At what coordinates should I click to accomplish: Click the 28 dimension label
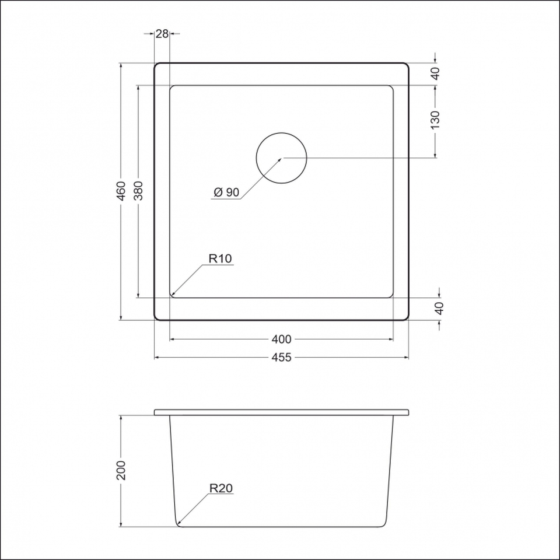pos(162,34)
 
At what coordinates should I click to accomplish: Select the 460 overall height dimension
pos(121,191)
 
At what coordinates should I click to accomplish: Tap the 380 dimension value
pos(138,191)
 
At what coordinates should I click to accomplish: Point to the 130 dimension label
pos(435,120)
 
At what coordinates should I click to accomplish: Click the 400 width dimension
pos(281,339)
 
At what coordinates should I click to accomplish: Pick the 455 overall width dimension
pos(281,357)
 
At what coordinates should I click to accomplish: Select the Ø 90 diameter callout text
pos(226,192)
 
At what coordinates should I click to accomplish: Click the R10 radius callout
pos(220,258)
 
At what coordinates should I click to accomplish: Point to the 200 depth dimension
pos(121,470)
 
